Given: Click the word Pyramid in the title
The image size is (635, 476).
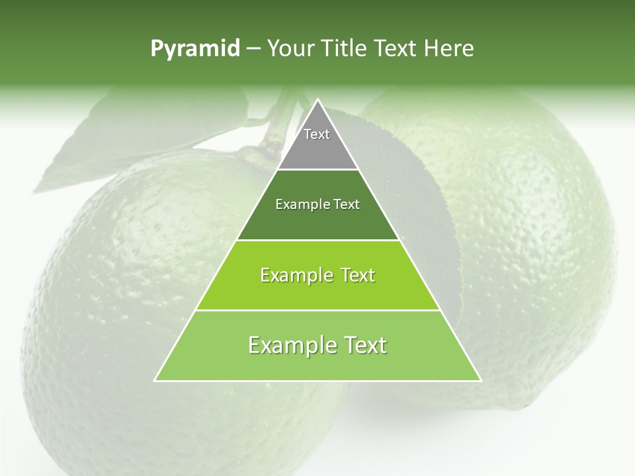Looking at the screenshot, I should (x=194, y=49).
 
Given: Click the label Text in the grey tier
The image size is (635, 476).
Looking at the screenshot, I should (x=317, y=134).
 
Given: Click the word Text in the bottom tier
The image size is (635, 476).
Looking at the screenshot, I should (x=362, y=345).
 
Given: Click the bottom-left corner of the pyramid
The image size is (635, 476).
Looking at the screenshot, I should (x=155, y=380).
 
